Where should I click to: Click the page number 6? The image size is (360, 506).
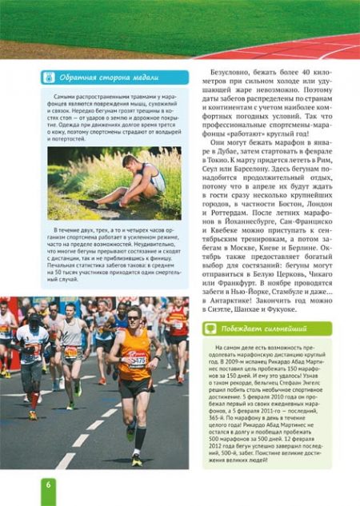point(48,485)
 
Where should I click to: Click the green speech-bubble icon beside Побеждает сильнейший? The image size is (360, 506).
point(210,328)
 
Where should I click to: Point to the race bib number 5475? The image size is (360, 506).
point(137,361)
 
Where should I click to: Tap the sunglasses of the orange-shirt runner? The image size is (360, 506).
point(133,316)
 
